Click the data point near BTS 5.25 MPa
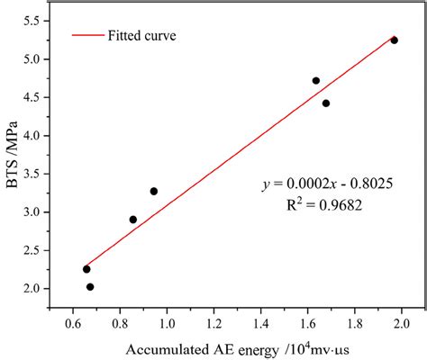394,40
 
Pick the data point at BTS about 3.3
154,191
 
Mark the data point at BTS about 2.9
133,220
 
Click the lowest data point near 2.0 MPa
90,287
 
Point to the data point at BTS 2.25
86,269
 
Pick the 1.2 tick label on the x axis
213,321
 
